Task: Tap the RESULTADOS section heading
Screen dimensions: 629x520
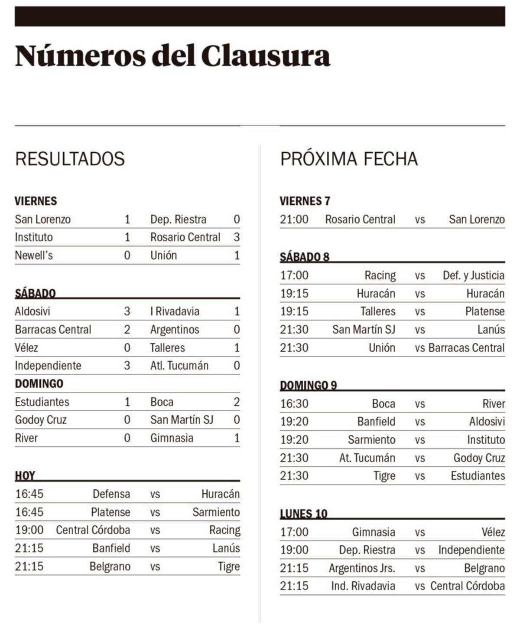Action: [70, 159]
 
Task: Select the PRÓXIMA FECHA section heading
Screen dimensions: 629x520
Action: [349, 159]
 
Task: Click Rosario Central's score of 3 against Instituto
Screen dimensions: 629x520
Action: [237, 237]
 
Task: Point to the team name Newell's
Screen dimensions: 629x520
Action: [34, 256]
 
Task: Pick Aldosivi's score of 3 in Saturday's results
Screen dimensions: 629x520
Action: [127, 311]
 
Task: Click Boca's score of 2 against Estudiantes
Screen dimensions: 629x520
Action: [237, 402]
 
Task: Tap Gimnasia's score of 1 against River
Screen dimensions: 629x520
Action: [237, 438]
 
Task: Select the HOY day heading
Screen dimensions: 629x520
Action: [25, 475]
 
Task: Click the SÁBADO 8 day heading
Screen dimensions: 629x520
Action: [304, 257]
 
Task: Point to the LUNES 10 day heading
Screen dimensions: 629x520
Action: [303, 514]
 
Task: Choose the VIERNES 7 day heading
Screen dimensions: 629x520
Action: [305, 201]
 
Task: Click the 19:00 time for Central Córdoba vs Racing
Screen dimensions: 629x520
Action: [29, 530]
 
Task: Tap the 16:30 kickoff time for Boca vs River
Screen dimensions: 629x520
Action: [294, 404]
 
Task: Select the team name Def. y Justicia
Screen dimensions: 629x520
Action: [473, 275]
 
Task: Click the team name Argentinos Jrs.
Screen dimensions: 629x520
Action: [362, 568]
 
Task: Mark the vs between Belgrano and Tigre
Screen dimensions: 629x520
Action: [155, 567]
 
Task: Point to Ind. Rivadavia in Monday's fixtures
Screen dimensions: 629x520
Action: [363, 586]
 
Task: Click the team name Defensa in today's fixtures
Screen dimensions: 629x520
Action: [111, 494]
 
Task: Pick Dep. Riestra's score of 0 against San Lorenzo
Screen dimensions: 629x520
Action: [237, 219]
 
